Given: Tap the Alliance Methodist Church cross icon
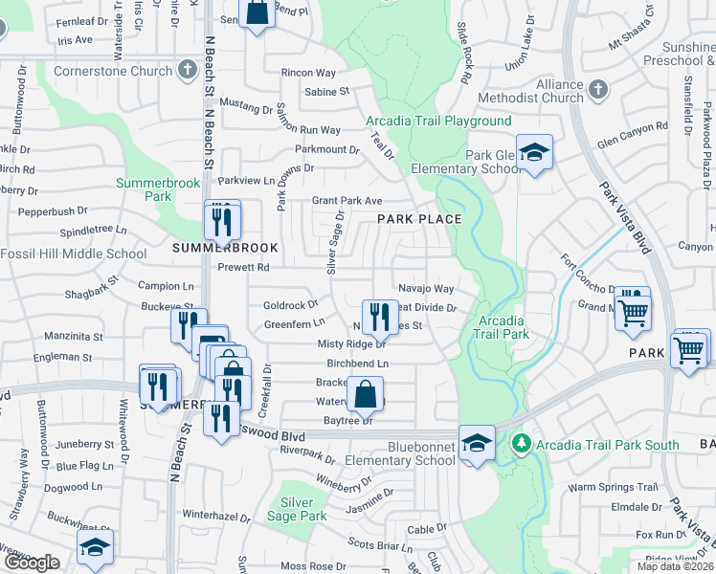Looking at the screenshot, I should (x=598, y=90).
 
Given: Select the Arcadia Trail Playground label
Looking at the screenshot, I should (x=438, y=121).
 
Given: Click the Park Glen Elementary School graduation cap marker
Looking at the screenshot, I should (x=534, y=151).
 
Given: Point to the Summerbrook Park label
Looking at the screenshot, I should (x=144, y=188).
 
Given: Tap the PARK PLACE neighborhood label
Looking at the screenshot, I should (x=419, y=219).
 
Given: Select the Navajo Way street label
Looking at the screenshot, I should (x=426, y=288).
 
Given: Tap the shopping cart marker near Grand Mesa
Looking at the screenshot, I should (x=633, y=310).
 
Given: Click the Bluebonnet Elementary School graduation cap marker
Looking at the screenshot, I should (x=477, y=442).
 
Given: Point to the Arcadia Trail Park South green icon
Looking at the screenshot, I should (x=521, y=444).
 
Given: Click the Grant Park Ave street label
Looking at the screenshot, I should (x=347, y=201).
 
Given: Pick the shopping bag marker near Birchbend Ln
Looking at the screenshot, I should (x=366, y=392).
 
